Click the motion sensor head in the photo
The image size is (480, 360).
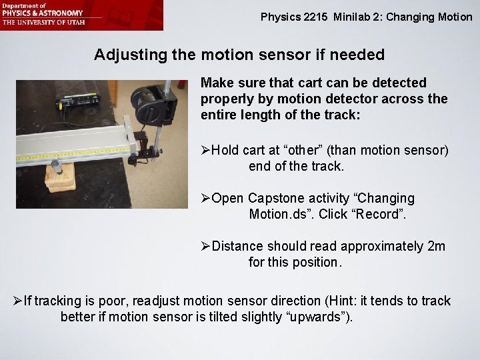(153, 100)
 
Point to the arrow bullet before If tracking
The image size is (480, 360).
(17, 301)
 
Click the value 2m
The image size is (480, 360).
(436, 247)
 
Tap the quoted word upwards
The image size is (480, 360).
(313, 317)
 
